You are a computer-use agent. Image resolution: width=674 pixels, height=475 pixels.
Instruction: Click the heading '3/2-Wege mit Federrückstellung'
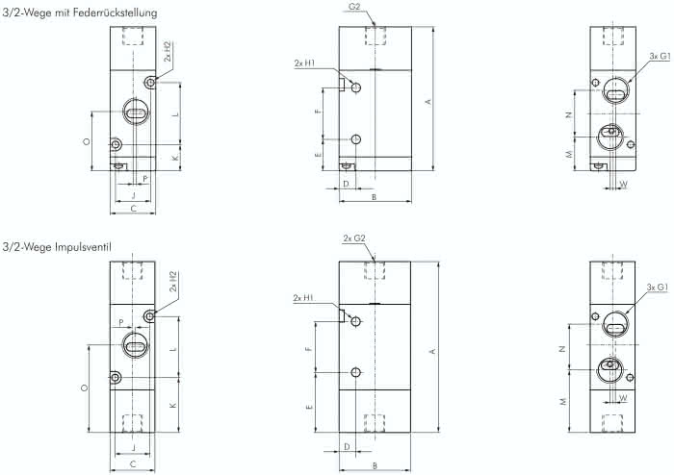(x=80, y=12)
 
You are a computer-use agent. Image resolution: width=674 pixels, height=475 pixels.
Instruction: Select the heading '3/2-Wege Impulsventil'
(x=57, y=247)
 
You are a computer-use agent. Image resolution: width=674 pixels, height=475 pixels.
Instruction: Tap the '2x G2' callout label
(x=354, y=238)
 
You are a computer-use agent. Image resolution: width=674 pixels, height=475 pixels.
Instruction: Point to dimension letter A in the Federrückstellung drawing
(x=428, y=101)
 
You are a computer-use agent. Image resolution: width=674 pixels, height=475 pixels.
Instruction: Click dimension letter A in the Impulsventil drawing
(x=433, y=351)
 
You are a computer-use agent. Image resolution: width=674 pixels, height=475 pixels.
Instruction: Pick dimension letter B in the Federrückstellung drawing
(x=374, y=197)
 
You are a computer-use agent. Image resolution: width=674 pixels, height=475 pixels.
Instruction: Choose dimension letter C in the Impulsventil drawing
(x=133, y=463)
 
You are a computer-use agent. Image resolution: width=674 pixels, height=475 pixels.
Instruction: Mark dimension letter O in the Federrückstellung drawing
(x=87, y=141)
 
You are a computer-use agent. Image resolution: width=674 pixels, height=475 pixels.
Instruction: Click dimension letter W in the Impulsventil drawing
(x=623, y=398)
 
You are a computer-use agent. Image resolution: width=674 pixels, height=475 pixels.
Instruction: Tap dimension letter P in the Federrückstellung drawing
(x=145, y=179)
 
